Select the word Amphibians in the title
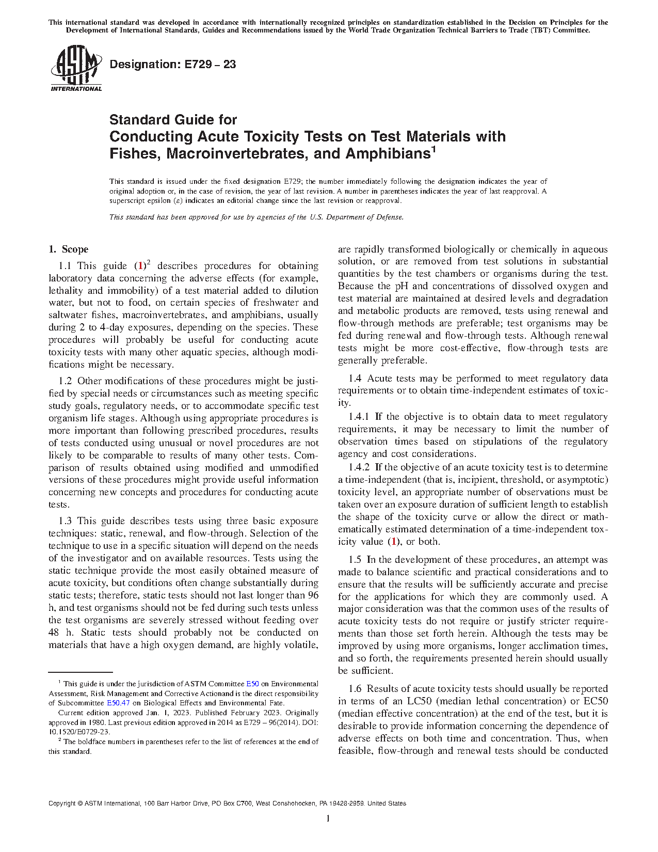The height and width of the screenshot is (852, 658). click(388, 154)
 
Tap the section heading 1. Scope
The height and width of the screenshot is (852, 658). click(68, 249)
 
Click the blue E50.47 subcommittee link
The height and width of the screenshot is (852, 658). click(118, 703)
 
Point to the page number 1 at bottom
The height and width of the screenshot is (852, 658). click(328, 818)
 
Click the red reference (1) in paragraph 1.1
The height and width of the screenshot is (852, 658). click(140, 266)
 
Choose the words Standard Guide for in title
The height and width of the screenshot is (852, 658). click(173, 120)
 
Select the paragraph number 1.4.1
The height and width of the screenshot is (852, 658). click(359, 417)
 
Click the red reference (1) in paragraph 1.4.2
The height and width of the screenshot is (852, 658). click(394, 542)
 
